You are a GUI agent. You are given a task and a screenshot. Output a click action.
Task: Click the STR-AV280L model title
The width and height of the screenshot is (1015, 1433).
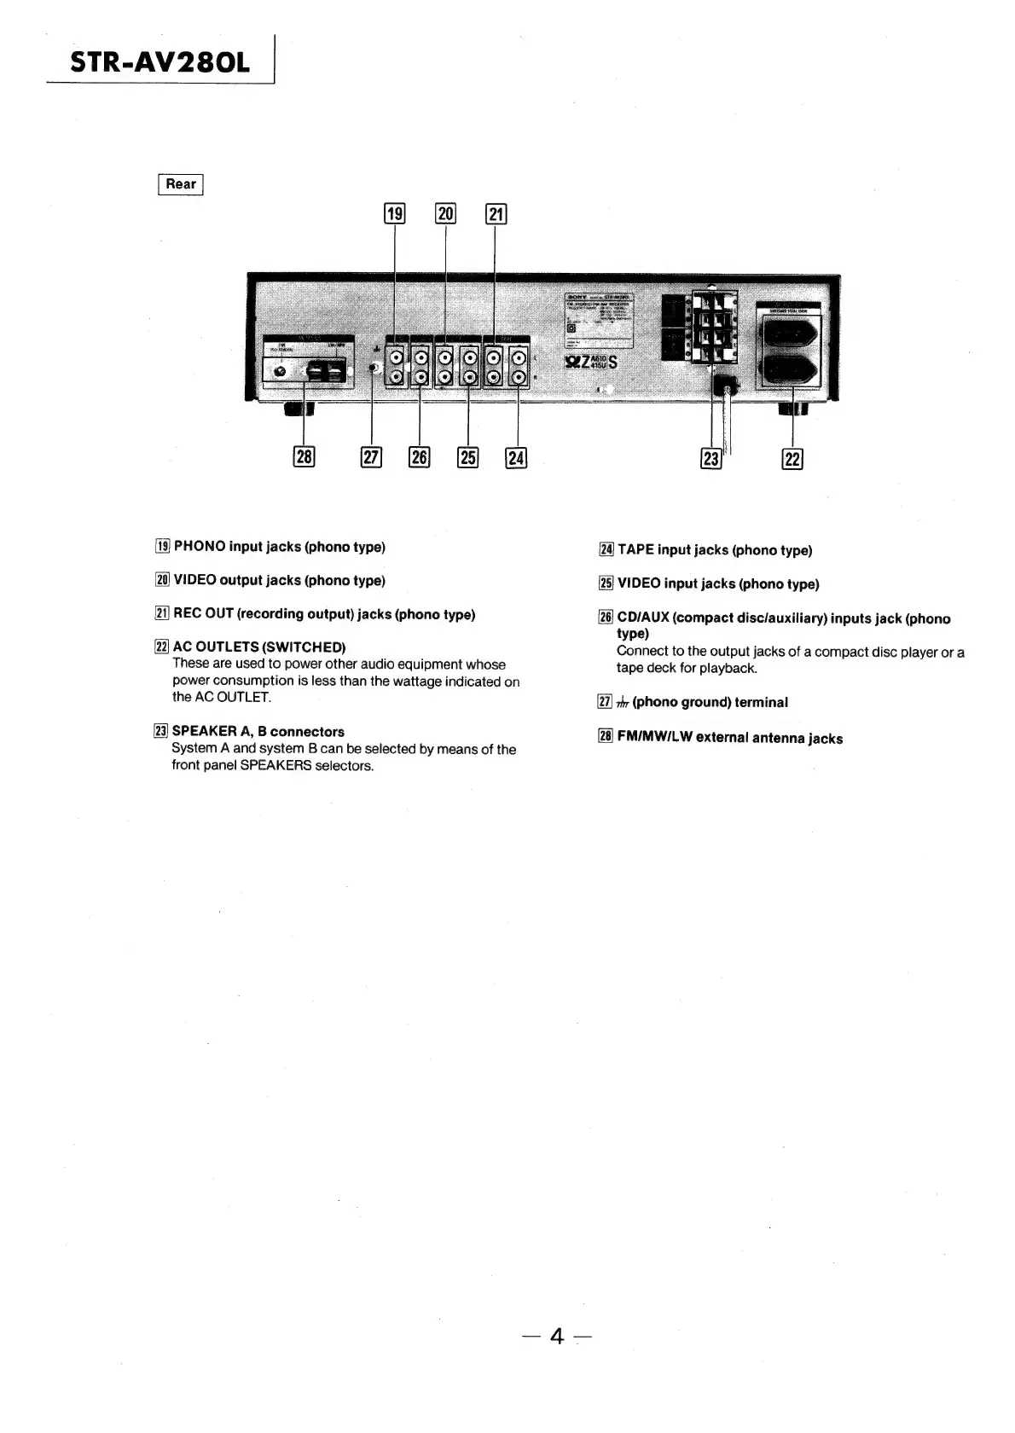click(x=160, y=62)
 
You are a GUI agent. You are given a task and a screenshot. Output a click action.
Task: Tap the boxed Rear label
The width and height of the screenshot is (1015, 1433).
click(x=181, y=184)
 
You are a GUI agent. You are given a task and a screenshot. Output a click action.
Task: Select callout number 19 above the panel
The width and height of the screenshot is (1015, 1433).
click(x=395, y=213)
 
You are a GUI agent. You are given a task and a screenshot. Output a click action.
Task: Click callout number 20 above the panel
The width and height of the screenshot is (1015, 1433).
click(x=446, y=213)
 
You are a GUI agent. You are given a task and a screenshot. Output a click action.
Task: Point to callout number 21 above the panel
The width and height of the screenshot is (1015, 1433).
click(x=496, y=213)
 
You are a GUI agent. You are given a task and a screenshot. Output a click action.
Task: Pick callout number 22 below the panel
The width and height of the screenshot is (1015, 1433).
click(x=792, y=459)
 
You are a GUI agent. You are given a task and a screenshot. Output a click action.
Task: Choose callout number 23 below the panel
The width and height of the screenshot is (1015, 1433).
click(x=710, y=459)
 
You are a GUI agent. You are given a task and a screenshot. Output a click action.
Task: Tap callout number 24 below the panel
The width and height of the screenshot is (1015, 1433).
click(x=516, y=458)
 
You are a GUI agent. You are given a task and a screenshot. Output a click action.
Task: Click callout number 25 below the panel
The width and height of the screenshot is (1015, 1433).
click(x=468, y=458)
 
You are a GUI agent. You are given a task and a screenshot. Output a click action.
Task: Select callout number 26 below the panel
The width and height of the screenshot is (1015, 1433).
click(x=420, y=458)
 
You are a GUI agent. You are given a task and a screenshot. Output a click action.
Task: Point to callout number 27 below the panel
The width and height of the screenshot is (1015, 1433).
click(x=372, y=458)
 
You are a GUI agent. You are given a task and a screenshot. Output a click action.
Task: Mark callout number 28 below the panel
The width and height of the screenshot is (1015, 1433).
click(x=304, y=457)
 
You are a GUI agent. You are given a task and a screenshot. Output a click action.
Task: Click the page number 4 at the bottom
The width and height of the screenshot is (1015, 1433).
click(x=558, y=1336)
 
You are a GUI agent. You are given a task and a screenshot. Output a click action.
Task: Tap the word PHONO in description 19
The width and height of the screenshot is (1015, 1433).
click(x=200, y=547)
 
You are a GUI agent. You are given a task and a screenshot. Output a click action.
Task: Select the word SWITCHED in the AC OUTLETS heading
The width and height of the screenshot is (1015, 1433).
click(x=304, y=647)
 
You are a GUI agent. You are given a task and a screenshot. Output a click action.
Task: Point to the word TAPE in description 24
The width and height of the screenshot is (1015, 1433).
click(x=635, y=550)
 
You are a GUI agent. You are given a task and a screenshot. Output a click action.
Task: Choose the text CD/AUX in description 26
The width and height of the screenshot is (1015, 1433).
click(x=643, y=618)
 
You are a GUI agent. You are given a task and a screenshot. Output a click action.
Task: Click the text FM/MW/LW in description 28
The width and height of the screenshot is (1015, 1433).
click(x=655, y=738)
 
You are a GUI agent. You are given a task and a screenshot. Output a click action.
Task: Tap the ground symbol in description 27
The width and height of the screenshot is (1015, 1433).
click(x=623, y=703)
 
